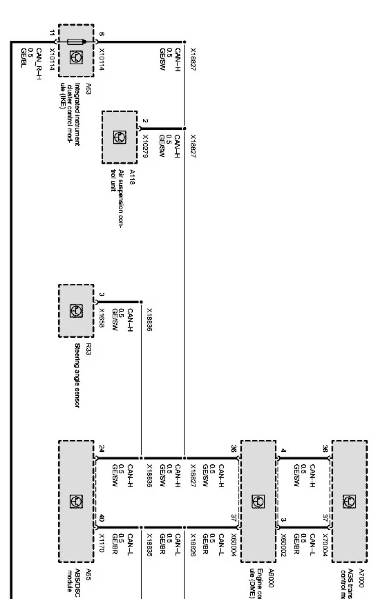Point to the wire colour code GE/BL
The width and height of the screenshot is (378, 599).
pyautogui.click(x=24, y=56)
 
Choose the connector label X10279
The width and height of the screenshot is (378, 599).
pyautogui.click(x=145, y=146)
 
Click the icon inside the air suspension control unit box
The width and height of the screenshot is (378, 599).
pyautogui.click(x=120, y=137)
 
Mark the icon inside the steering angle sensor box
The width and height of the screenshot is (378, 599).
pyautogui.click(x=76, y=310)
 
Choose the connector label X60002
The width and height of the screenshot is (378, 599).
pyautogui.click(x=283, y=545)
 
